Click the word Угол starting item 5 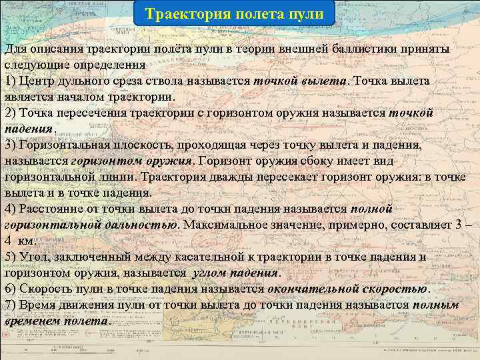(x=31, y=257)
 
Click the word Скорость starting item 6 (x=46, y=289)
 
